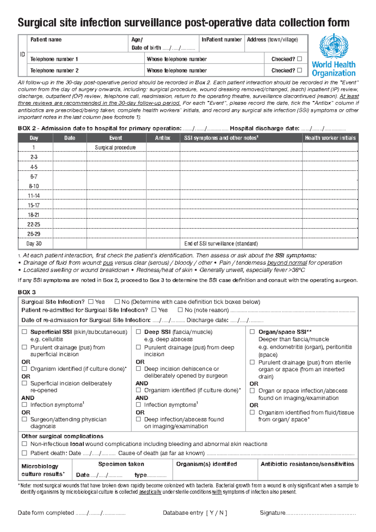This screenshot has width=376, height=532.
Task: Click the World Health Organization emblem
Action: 333,47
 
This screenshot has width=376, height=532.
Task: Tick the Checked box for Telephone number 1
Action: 300,59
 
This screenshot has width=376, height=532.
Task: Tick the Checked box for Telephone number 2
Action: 300,70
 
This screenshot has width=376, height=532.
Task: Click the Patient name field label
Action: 46,40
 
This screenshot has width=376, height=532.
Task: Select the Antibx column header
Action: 163,138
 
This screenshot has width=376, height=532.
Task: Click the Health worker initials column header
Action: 330,138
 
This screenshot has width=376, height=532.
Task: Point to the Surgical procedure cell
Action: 115,147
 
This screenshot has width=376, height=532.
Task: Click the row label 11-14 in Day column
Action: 34,196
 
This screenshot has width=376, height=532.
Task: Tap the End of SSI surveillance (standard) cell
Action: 221,244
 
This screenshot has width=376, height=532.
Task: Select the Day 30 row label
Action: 34,244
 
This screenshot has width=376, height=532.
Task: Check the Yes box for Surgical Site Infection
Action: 91,302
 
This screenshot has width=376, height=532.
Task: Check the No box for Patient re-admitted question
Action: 180,310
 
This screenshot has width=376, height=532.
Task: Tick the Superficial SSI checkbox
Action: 24,332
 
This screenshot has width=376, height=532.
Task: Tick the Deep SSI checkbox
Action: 138,332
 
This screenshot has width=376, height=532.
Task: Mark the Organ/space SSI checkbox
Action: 252,332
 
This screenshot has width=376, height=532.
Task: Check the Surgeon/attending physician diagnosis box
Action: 24,419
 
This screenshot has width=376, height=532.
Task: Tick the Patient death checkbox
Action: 24,453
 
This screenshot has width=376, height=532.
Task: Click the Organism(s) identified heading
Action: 206,464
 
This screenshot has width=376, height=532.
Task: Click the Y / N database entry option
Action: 217,513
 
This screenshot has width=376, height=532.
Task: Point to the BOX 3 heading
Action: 27,292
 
